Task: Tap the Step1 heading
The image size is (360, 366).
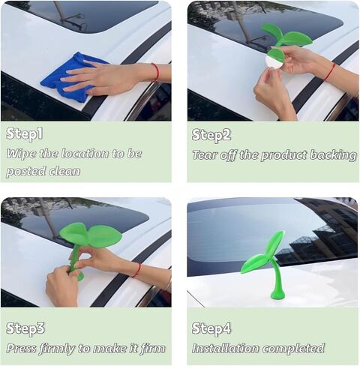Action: (x=25, y=133)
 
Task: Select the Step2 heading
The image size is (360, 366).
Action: (x=211, y=135)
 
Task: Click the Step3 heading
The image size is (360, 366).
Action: (x=25, y=328)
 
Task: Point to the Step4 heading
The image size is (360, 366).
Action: (x=211, y=328)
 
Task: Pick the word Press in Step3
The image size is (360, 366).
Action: (x=21, y=348)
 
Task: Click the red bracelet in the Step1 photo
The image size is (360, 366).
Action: (x=156, y=72)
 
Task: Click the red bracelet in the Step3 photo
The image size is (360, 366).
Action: (x=136, y=270)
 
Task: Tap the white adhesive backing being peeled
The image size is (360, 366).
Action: (x=272, y=62)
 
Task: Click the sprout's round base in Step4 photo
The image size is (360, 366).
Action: (x=277, y=295)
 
